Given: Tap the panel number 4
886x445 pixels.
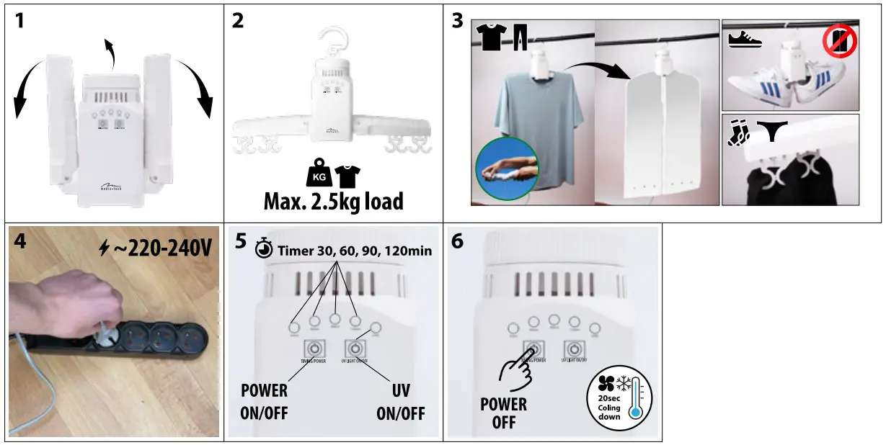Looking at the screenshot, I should point(19,241).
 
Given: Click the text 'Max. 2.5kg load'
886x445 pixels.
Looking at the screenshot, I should point(333,201).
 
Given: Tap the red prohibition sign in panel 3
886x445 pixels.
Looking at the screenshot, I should point(840,42).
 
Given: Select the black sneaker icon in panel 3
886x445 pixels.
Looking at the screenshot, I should point(745,39).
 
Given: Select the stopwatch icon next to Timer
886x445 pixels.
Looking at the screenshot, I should point(264,249).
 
